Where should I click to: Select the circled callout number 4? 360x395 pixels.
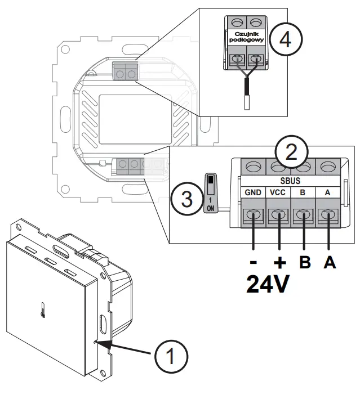[286, 41]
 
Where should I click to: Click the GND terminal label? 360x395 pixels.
[253, 192]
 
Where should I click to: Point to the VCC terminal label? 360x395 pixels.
[278, 192]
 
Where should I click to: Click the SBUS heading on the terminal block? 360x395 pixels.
[291, 181]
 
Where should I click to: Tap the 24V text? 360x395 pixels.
[268, 284]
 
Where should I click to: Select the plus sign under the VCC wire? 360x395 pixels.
[278, 263]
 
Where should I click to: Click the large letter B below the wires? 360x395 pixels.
[305, 263]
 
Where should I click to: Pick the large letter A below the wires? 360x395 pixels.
[329, 263]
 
